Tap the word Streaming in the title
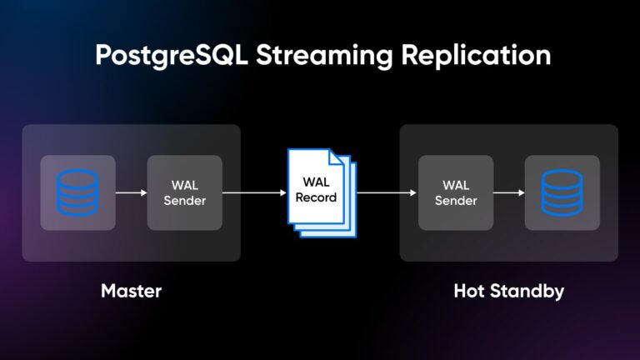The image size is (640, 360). point(310,55)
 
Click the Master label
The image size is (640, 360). point(131,291)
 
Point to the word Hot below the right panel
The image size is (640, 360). point(469,291)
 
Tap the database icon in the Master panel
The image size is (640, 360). point(78,192)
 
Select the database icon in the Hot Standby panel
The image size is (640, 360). point(562,192)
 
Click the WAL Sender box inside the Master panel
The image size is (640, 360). point(185,192)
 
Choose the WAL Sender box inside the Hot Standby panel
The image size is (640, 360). point(455,192)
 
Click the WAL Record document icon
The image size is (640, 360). point(320,191)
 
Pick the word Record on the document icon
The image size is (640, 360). point(316,198)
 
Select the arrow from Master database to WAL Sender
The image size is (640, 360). point(132,192)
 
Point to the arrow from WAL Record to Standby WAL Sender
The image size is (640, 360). point(385,192)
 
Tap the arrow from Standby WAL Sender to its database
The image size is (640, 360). point(508,192)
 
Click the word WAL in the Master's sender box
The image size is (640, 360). point(185,185)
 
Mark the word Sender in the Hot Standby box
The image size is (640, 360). point(455,201)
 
